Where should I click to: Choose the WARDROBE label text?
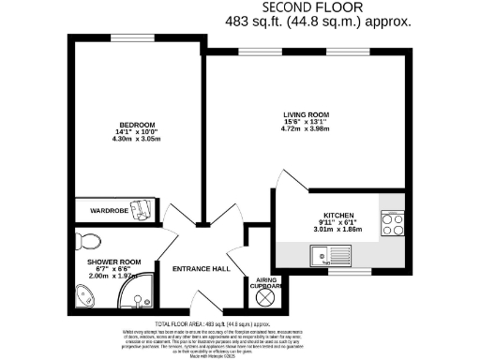110,211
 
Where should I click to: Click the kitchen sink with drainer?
329,253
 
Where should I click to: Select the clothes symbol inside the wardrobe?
141,208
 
